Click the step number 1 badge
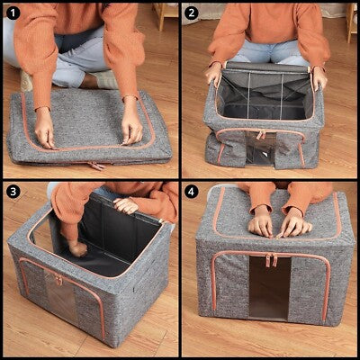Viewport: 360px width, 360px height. click(13, 13)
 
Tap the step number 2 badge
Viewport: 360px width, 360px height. click(192, 13)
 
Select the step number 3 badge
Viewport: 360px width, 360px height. click(13, 192)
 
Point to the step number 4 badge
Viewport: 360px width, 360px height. click(192, 192)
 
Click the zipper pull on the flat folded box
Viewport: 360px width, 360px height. click(96, 166)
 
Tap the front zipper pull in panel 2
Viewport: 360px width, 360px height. click(260, 135)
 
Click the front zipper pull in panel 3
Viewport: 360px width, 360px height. click(58, 280)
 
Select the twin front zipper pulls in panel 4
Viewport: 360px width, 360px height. click(271, 260)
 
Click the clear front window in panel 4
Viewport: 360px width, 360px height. click(270, 289)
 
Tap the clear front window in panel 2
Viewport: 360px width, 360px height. click(261, 148)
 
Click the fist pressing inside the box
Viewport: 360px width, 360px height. click(77, 248)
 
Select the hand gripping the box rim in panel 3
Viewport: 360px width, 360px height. click(125, 205)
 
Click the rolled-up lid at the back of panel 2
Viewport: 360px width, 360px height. click(266, 67)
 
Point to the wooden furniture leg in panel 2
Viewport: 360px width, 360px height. click(350, 22)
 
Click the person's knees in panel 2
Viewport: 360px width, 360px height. click(270, 53)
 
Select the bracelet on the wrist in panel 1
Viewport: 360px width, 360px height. click(41, 108)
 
